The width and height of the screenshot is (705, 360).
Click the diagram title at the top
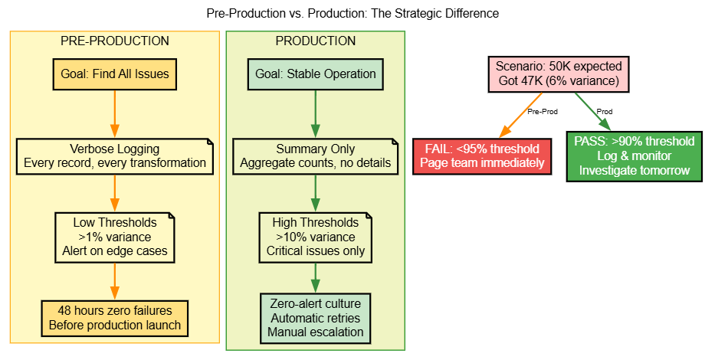(352, 14)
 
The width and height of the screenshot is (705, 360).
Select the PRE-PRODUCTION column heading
(114, 41)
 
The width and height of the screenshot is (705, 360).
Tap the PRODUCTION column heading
(315, 41)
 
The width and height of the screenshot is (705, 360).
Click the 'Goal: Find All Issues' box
(115, 74)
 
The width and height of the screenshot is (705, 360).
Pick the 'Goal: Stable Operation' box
(315, 74)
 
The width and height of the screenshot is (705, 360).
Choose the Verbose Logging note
(115, 155)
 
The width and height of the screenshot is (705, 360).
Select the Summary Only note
(315, 155)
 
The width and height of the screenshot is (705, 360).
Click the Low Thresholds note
(115, 236)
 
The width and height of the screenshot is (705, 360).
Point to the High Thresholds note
(315, 236)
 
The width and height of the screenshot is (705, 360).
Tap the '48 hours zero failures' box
(115, 317)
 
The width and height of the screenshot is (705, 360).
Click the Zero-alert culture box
(315, 317)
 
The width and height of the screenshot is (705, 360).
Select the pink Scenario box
(558, 74)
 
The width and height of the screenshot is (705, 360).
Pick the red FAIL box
(482, 155)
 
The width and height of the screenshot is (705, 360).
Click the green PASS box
(634, 155)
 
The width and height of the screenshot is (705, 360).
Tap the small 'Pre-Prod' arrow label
(543, 112)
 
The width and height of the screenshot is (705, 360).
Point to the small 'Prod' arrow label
(605, 112)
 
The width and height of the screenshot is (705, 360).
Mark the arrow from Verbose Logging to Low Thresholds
(115, 194)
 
